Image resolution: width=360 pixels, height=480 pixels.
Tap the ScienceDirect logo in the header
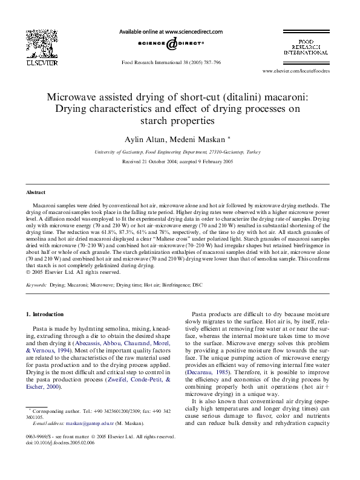pos(171,43)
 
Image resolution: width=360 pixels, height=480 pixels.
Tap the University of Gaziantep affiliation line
pos(180,152)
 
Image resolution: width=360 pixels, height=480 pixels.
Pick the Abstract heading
pos(35,192)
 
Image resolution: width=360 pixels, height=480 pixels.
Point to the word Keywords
pos(36,284)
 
